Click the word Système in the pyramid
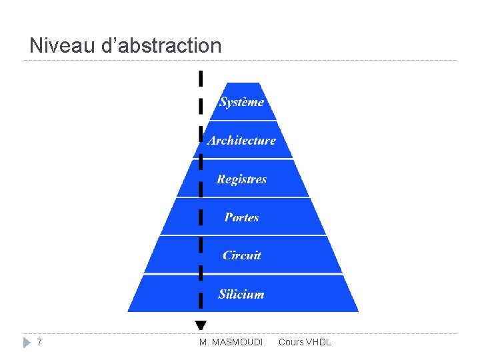[241, 102]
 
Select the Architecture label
[241, 140]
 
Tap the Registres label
[241, 179]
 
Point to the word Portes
[241, 217]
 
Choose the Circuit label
[241, 255]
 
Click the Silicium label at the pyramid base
[241, 294]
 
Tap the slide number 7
[40, 342]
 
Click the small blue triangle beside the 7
[26, 343]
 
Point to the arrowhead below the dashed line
[201, 325]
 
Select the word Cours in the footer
[291, 342]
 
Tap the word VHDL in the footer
[319, 342]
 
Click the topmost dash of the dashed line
[201, 78]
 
